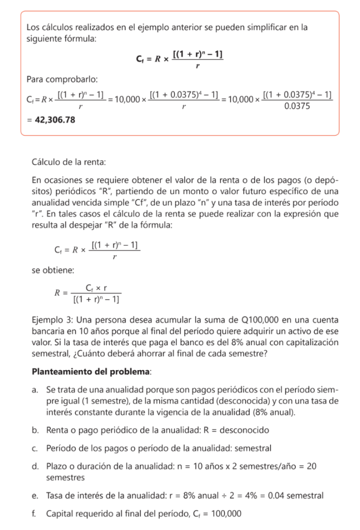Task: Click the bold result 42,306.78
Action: coord(54,120)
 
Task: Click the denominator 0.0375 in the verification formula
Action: coord(297,107)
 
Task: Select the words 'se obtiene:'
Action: coord(52,270)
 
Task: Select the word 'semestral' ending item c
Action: coord(254,448)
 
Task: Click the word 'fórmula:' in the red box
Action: coord(80,38)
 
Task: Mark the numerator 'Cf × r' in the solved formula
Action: coord(96,288)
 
